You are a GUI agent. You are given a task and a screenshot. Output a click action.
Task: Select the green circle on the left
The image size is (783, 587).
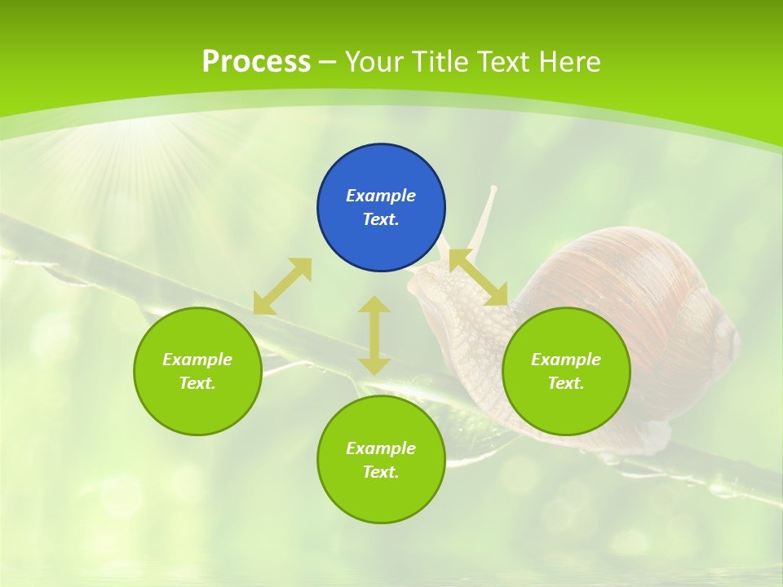(197, 371)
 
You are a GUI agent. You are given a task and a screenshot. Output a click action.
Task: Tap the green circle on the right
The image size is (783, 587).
(566, 371)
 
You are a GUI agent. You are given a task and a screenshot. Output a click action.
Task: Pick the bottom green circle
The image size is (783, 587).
(381, 460)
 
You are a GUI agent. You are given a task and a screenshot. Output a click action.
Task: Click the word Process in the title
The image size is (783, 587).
(256, 62)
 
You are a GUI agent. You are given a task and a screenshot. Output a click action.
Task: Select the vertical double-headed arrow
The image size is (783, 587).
(374, 335)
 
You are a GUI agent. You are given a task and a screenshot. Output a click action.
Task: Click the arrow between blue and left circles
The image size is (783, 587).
(282, 286)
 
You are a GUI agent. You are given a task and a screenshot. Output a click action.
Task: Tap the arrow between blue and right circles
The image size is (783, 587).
(478, 278)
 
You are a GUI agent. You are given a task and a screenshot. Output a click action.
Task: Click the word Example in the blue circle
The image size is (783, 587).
(381, 196)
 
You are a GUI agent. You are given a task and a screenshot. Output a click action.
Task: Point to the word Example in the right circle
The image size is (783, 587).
(566, 360)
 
